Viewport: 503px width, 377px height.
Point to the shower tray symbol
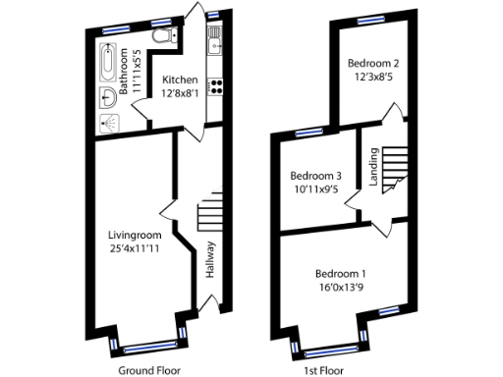[x=110, y=121]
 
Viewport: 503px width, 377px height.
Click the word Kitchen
[x=180, y=80]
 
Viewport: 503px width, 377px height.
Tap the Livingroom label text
[x=135, y=234]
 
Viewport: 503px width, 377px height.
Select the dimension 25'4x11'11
[x=135, y=247]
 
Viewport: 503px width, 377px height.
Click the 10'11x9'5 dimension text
[x=316, y=189]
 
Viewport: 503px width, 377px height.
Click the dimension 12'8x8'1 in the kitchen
[x=180, y=93]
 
